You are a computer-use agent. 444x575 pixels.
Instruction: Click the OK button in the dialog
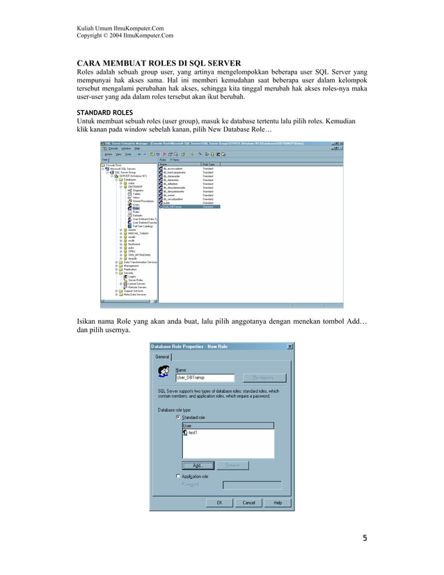point(219,502)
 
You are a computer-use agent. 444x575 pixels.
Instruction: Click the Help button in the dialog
point(278,502)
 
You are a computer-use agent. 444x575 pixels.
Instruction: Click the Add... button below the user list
point(198,465)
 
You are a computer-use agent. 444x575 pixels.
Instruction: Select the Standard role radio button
point(178,417)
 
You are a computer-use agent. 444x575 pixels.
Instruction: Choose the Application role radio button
point(178,476)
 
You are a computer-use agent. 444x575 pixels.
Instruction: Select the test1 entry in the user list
point(192,432)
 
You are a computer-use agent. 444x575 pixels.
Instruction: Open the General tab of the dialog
point(162,356)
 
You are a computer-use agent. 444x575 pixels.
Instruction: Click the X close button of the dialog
point(290,346)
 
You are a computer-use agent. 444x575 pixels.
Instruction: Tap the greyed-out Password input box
point(252,485)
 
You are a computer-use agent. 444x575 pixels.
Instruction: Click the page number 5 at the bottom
point(364,538)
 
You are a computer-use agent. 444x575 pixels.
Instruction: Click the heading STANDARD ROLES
point(104,112)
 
